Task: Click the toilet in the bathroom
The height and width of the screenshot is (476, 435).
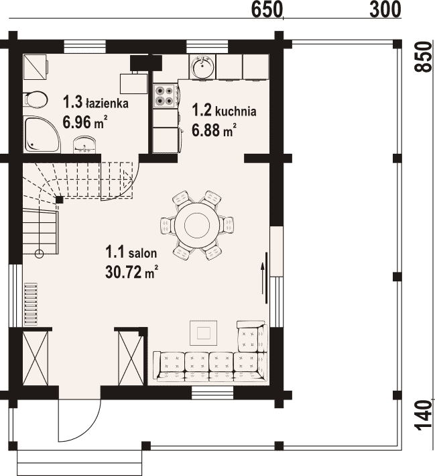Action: [x=36, y=99]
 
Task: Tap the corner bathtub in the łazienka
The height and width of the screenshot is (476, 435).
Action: [x=42, y=134]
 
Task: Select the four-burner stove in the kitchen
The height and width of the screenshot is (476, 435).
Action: [x=164, y=95]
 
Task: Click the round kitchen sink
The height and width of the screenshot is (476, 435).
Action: [x=202, y=66]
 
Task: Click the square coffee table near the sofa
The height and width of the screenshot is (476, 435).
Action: [x=204, y=333]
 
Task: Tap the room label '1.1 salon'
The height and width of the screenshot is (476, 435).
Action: [x=131, y=252]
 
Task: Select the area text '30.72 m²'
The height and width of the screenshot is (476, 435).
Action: [x=132, y=272]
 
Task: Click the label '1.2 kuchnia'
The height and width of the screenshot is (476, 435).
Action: [x=225, y=111]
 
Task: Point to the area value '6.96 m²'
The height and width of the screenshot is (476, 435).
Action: [x=85, y=123]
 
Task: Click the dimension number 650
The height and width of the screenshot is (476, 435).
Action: [x=267, y=10]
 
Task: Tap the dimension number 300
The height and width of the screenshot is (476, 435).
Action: [x=385, y=9]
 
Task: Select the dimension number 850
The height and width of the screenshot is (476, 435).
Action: [x=423, y=57]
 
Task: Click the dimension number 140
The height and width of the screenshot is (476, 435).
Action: [x=423, y=416]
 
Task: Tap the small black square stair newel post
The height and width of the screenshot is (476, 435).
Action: [x=60, y=200]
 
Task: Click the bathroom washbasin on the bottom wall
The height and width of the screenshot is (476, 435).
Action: [x=85, y=144]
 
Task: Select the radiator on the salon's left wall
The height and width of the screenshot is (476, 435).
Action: [x=31, y=304]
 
